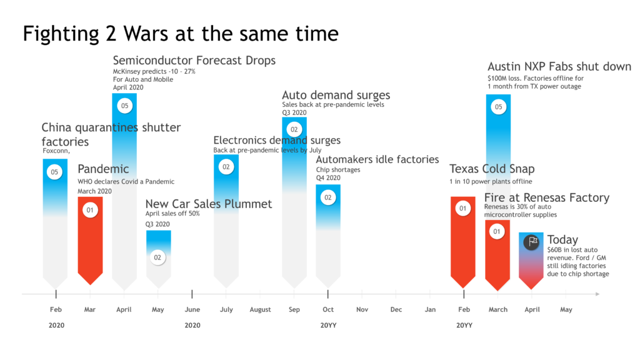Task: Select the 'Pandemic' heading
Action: tap(103, 169)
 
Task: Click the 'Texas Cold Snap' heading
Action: tap(492, 169)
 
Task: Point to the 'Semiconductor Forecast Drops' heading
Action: tap(194, 61)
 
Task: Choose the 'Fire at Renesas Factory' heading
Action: tap(546, 197)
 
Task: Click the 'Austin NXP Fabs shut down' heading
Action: tap(559, 67)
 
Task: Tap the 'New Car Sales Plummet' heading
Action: tap(209, 204)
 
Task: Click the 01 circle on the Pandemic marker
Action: tap(90, 210)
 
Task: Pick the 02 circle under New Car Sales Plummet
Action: tap(158, 257)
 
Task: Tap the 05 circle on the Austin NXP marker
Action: tap(498, 107)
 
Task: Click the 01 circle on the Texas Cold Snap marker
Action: tap(463, 209)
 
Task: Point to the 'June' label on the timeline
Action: tap(192, 309)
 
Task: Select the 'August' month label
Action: tap(260, 309)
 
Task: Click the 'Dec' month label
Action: tap(396, 309)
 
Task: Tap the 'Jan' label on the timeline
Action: tap(430, 309)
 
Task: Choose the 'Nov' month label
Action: tap(362, 309)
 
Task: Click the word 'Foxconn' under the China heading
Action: tap(55, 151)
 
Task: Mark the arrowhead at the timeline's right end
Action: tap(597, 294)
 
